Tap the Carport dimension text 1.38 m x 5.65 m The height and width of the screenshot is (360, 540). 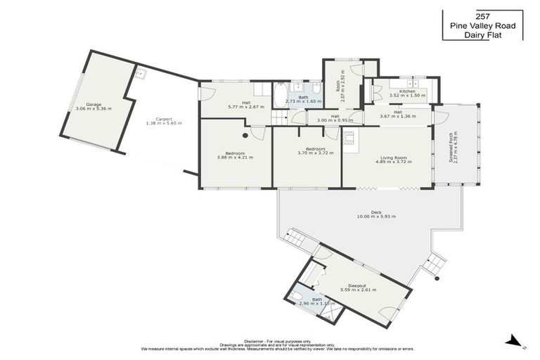[x=163, y=123]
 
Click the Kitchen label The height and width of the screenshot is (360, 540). [x=407, y=91]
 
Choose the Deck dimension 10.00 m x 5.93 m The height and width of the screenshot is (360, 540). [x=376, y=216]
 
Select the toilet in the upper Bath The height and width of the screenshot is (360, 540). [x=317, y=89]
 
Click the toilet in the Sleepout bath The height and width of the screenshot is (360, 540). [x=296, y=296]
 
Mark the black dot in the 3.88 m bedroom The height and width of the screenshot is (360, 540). [x=245, y=135]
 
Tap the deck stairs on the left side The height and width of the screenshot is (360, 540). [x=295, y=241]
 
